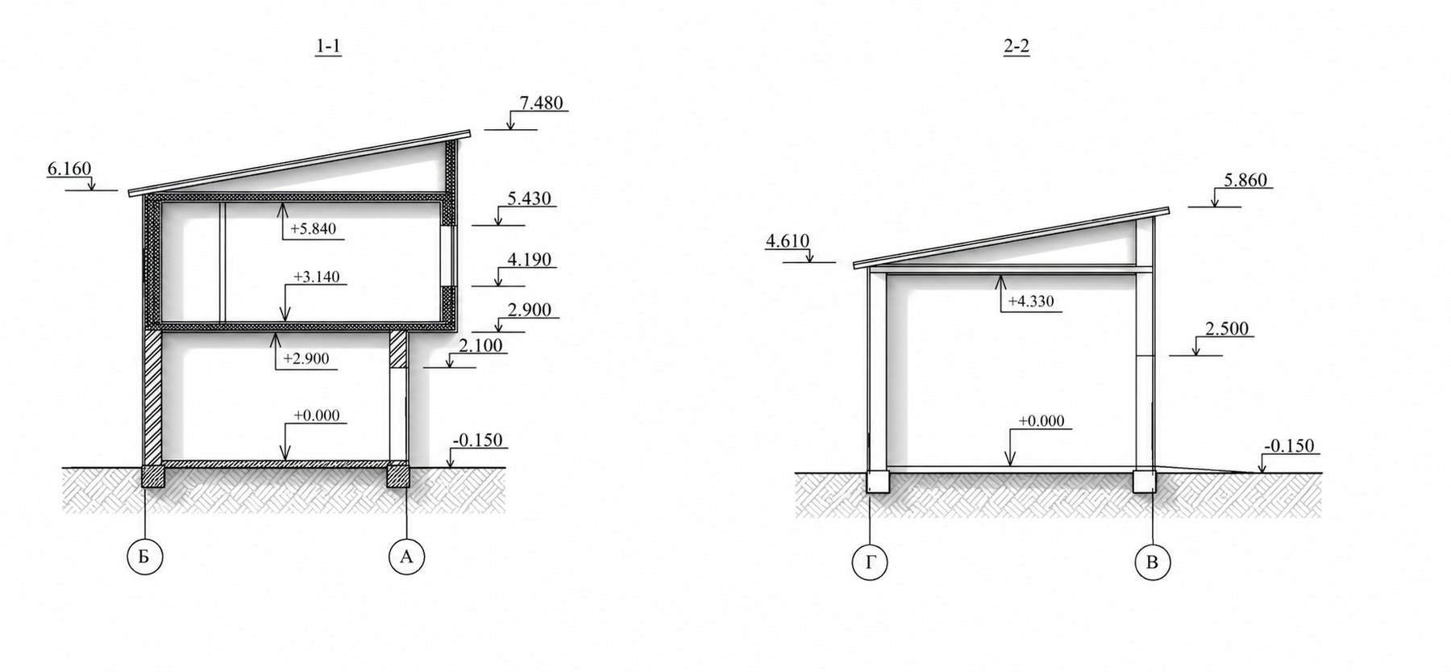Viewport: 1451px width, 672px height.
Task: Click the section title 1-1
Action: tap(329, 48)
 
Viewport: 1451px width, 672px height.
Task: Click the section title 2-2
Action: tap(1017, 48)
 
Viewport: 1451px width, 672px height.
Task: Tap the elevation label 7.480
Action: tap(542, 103)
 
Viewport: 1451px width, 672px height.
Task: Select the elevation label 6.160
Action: tap(69, 169)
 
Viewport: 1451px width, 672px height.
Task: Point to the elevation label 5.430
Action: tap(530, 198)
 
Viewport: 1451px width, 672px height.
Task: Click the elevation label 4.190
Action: tap(530, 260)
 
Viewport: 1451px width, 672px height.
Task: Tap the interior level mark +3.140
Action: tap(316, 278)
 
